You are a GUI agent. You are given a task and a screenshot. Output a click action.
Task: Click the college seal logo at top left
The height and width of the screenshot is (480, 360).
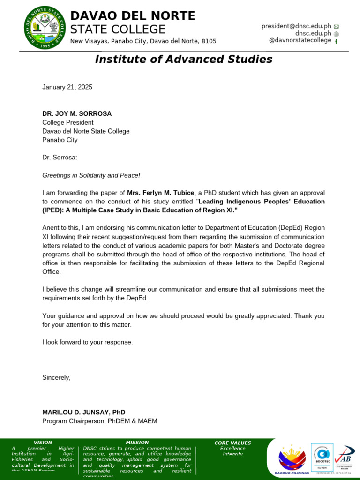click(x=45, y=29)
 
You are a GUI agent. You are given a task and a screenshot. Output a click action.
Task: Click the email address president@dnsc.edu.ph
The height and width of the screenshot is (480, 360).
click(x=296, y=26)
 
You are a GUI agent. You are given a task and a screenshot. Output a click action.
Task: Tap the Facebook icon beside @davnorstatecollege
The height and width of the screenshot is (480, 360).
click(x=336, y=41)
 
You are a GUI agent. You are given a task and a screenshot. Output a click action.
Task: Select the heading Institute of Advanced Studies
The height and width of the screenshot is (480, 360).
click(x=183, y=59)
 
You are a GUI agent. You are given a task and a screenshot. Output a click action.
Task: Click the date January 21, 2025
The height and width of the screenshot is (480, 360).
click(x=67, y=87)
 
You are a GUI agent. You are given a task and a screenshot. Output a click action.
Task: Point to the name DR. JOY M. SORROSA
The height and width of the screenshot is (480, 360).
click(x=77, y=113)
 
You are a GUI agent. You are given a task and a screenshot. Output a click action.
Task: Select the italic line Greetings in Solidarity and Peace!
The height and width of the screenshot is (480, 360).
click(x=91, y=175)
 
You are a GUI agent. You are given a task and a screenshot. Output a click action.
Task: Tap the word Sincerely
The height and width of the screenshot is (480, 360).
click(x=56, y=377)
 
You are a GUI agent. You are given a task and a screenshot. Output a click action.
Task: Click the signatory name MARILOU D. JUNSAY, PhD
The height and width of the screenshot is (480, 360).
click(x=84, y=412)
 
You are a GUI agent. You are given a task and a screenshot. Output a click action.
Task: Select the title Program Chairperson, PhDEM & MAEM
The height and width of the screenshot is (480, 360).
click(x=100, y=421)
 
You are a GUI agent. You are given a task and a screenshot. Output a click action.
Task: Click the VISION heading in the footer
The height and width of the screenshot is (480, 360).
click(x=43, y=442)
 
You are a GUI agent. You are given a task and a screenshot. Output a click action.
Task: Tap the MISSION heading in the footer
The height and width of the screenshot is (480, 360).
click(x=137, y=442)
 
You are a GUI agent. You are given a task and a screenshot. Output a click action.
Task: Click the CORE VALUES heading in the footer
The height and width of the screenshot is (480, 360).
click(x=232, y=443)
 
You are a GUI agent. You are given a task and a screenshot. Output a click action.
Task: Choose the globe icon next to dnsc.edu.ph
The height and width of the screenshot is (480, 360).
click(x=336, y=34)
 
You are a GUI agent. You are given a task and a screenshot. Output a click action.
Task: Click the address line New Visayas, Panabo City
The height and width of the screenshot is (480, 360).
click(x=143, y=41)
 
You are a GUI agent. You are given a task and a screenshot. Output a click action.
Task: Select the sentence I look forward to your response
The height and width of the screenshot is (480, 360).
click(x=88, y=342)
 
